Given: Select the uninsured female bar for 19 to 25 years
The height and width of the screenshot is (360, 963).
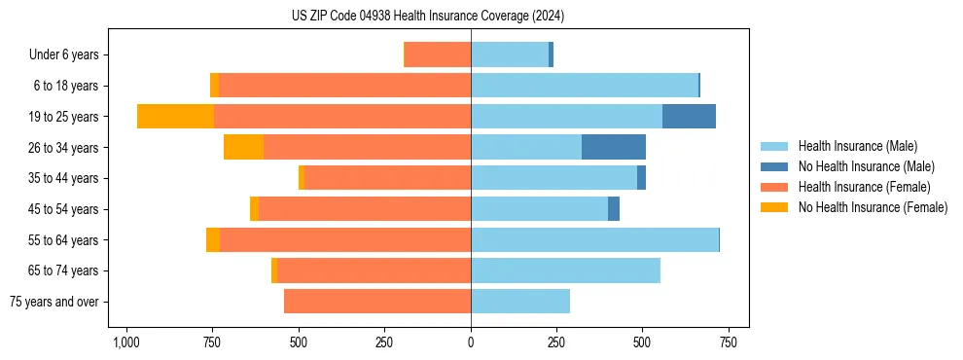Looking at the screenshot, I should click(175, 117).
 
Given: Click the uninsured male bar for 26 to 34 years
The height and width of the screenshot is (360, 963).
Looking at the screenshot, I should click(614, 147).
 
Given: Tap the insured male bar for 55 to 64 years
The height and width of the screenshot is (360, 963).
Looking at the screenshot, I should click(594, 239).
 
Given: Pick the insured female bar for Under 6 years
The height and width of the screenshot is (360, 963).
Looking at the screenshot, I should click(438, 55).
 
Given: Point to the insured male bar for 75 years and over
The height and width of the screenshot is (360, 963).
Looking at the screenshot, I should click(520, 302).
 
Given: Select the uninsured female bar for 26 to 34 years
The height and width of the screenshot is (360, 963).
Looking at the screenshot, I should click(243, 147).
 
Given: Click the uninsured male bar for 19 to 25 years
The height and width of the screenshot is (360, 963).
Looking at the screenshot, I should click(689, 117).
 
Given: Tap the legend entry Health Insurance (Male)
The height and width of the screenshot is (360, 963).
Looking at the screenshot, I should click(857, 146).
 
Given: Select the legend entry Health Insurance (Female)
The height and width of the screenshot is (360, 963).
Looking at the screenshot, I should click(864, 187).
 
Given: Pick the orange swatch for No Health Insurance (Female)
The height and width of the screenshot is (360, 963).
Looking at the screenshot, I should click(774, 207).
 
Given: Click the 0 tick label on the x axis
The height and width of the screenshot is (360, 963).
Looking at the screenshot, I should click(471, 342).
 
